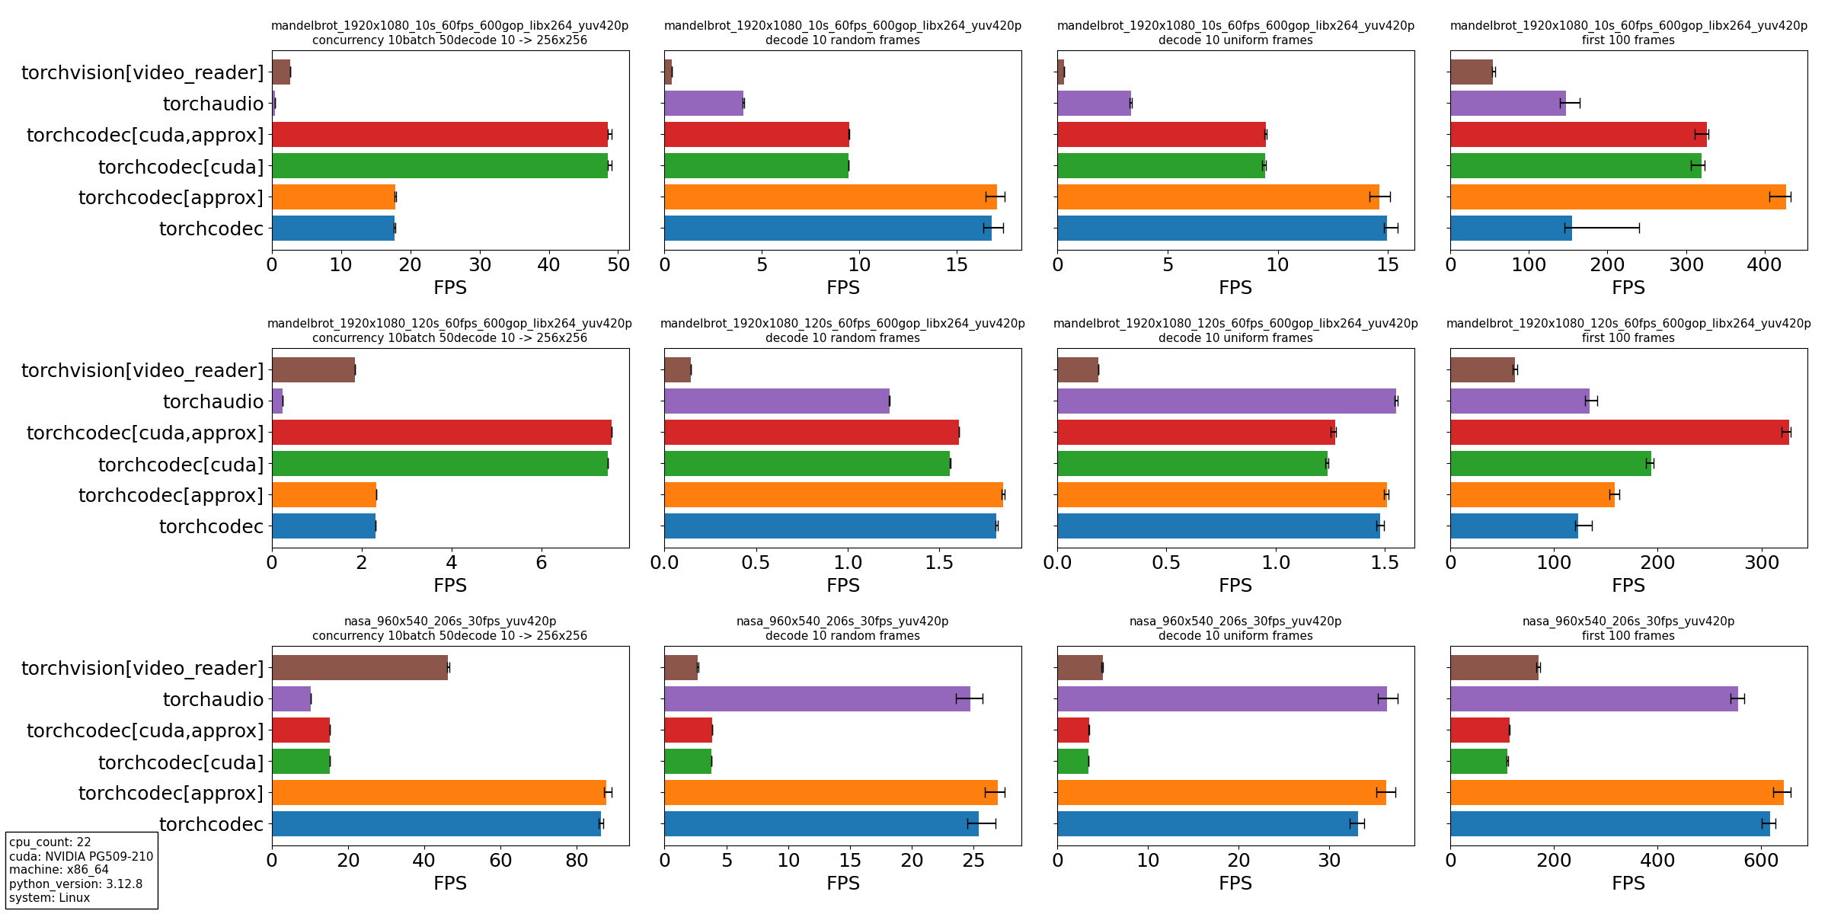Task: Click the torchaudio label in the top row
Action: tap(213, 104)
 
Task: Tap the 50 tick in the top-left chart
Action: tap(618, 265)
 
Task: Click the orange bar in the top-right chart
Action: tap(1617, 197)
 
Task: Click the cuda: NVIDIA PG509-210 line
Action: tap(81, 856)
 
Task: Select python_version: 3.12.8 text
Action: tap(75, 884)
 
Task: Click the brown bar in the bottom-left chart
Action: tap(360, 668)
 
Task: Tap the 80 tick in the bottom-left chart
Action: tap(577, 861)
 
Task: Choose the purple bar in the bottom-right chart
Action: tap(1593, 699)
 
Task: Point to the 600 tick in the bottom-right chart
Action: tap(1761, 861)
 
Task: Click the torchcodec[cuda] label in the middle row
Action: tap(181, 465)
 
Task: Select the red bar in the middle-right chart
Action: tap(1619, 433)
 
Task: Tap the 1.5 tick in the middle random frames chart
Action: tap(939, 563)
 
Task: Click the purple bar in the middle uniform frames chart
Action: tap(1226, 401)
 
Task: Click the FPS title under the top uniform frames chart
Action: tap(1235, 288)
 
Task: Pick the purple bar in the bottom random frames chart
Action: tap(817, 699)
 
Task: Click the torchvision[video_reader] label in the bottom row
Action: tap(142, 668)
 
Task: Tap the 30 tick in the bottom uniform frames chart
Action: tap(1329, 861)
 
